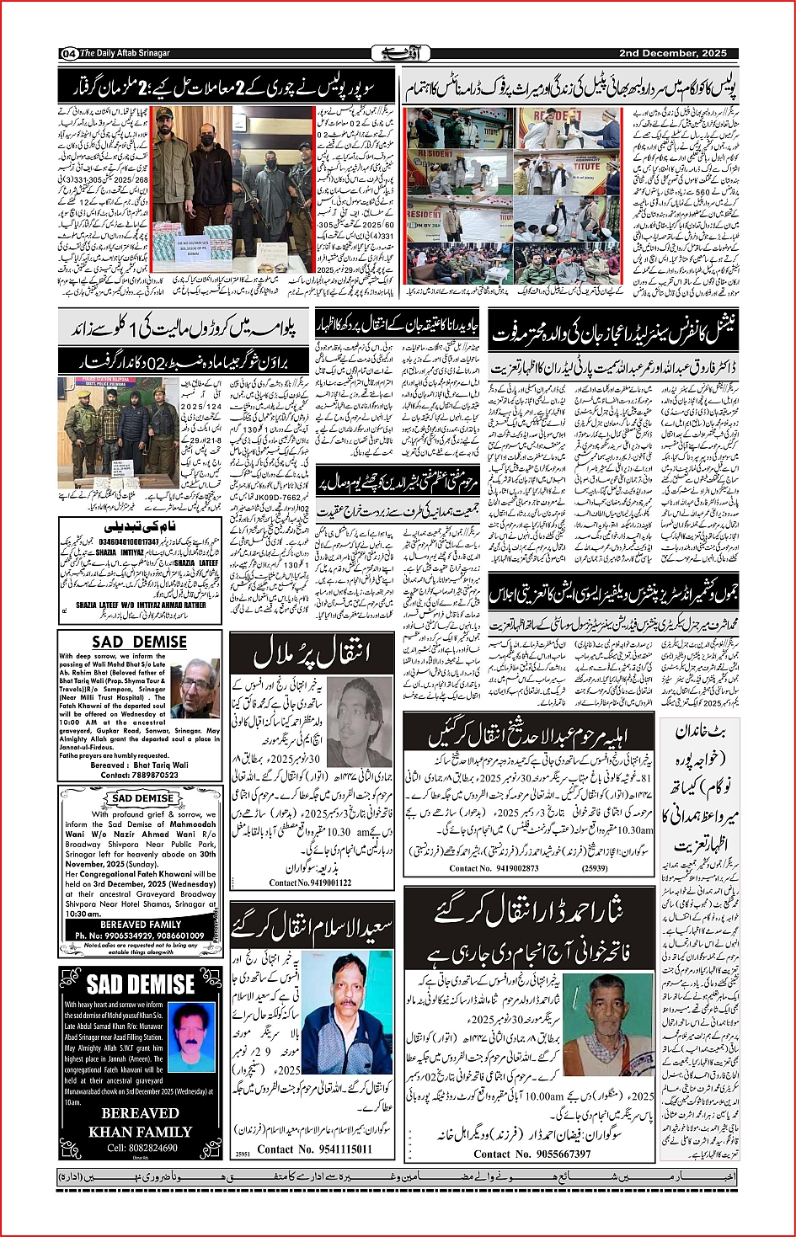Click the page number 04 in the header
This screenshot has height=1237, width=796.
point(69,54)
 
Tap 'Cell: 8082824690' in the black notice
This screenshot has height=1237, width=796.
point(142,1148)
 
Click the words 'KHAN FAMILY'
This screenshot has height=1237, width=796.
point(141,1132)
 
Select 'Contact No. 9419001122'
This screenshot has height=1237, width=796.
point(310,882)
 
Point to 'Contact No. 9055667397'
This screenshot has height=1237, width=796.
point(532,1154)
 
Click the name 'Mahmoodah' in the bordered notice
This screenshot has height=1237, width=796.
point(193,824)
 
